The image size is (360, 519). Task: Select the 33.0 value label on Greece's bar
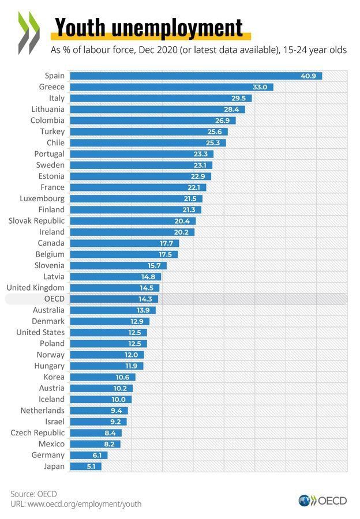coord(260,87)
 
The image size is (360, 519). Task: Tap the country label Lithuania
coord(48,109)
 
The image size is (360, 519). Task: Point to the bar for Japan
coord(85,466)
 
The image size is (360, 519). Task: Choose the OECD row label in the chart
coord(54,299)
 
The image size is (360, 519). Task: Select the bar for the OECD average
coord(113,299)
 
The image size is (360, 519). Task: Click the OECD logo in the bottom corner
coord(322,501)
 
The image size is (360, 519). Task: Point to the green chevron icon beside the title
coord(29,33)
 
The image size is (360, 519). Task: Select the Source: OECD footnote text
coord(33,494)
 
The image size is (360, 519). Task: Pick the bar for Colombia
coord(152,121)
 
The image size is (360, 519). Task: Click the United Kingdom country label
coord(35,287)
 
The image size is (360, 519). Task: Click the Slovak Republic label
coord(36,220)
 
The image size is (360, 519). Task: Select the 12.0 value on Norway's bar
coord(131,355)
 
